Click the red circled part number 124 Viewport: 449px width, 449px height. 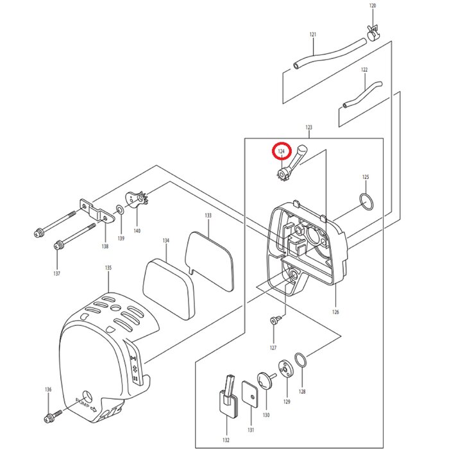(280, 152)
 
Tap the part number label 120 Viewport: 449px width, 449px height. (373, 6)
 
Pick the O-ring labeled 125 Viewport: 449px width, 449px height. (366, 201)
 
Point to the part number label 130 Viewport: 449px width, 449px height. (266, 415)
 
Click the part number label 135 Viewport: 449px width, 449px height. (108, 267)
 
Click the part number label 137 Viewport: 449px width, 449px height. (57, 274)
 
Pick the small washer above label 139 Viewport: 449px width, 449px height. (120, 209)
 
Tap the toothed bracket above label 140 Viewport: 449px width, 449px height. (137, 199)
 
